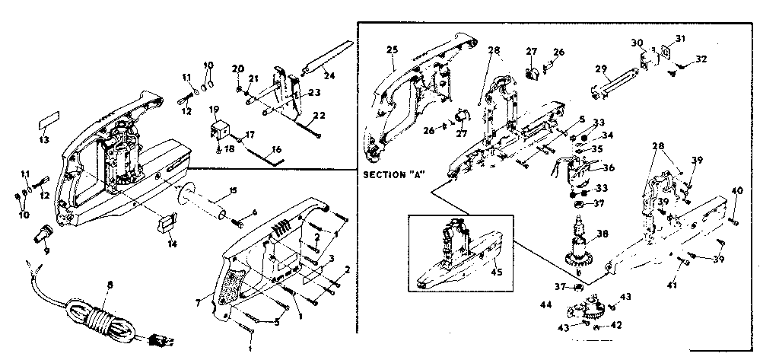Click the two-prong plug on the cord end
[x=161, y=340]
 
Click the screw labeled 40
[x=734, y=221]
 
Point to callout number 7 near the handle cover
[x=198, y=304]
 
